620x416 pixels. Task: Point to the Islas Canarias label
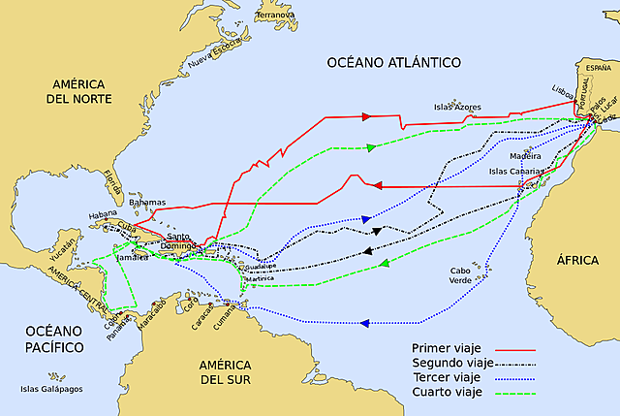516,171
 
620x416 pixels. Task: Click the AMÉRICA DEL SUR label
226,371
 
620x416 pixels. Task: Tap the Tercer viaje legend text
447,378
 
